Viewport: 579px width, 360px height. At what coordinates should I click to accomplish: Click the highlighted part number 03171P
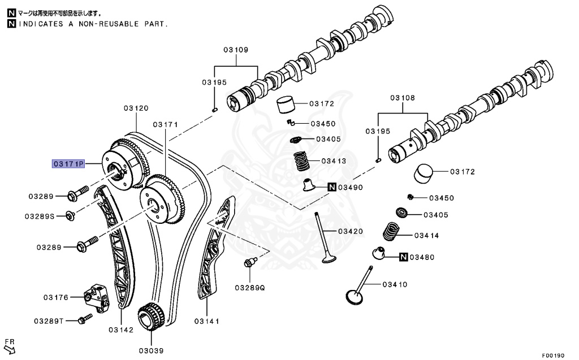click(x=68, y=164)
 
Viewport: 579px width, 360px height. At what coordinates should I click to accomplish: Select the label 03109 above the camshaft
click(x=235, y=50)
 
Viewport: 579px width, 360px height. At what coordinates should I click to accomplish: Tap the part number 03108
click(x=402, y=98)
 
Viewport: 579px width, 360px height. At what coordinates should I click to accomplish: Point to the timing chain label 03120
click(x=136, y=108)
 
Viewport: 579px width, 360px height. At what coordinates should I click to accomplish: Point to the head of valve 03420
click(x=329, y=259)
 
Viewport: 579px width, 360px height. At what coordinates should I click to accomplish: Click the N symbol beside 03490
click(x=332, y=187)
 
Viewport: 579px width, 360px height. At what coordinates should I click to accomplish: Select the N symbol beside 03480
click(x=403, y=257)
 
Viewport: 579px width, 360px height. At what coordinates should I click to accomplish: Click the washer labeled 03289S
click(x=70, y=215)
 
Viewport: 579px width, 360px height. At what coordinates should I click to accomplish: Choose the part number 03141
click(x=206, y=321)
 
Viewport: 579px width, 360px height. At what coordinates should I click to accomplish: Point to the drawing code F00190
click(x=553, y=355)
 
